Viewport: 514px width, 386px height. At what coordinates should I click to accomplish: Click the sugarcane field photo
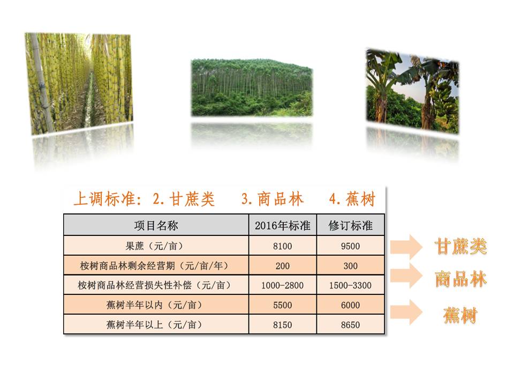[79, 83]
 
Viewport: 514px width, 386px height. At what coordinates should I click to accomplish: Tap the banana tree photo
[412, 91]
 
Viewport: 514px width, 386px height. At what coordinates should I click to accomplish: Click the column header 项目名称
[156, 225]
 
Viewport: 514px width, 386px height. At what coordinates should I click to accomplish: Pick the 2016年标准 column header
[283, 225]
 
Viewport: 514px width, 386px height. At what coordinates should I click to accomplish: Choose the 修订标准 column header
[351, 225]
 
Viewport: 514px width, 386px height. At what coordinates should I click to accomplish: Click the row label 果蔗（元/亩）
[156, 246]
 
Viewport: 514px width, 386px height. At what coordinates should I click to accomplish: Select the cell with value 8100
[283, 246]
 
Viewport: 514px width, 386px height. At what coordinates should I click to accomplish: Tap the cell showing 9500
[351, 246]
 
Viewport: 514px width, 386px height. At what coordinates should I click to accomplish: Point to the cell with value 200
[283, 266]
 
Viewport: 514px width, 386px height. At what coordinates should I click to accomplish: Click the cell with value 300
[351, 266]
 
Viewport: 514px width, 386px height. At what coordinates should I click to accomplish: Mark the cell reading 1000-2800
[283, 285]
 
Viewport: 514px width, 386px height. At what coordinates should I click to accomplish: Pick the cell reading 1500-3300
[351, 285]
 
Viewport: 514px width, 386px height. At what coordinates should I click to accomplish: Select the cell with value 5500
[283, 305]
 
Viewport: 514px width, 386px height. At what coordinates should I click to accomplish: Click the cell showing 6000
[351, 305]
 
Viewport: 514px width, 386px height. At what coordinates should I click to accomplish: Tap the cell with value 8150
[283, 325]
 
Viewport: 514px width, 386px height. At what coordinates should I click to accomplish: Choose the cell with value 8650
[351, 325]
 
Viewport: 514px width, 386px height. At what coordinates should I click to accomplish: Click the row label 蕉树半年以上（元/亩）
[156, 325]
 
